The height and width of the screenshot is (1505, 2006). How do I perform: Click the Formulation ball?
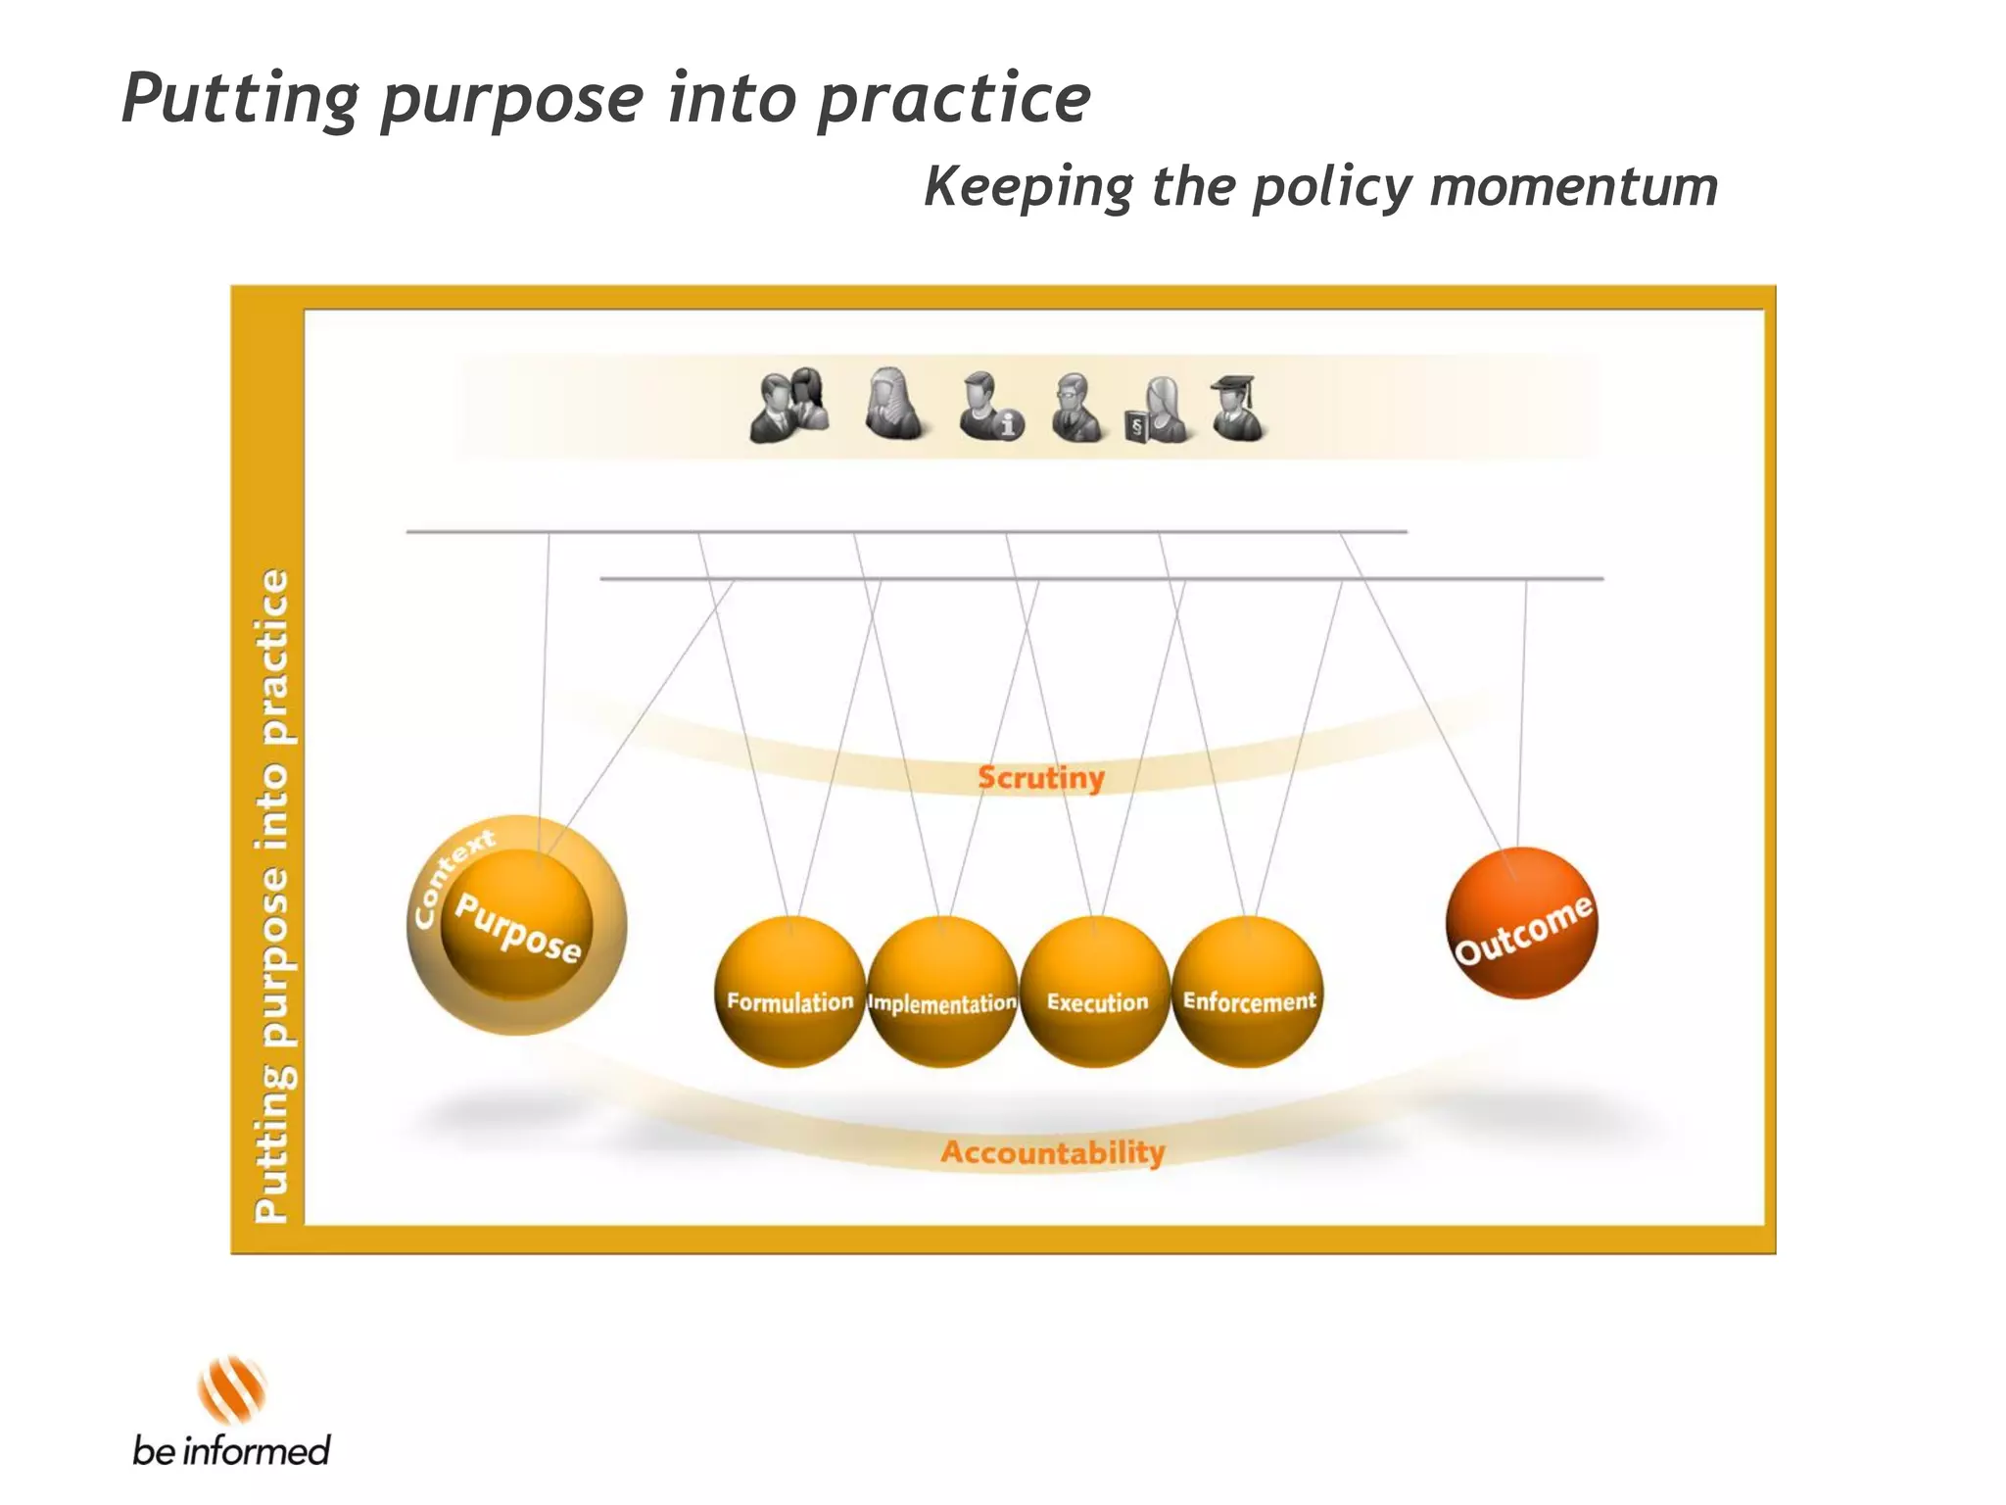(x=789, y=992)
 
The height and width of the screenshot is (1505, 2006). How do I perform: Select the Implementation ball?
(x=942, y=992)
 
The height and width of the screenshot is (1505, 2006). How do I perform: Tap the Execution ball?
(x=1095, y=992)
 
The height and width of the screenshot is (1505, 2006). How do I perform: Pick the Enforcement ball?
(x=1248, y=992)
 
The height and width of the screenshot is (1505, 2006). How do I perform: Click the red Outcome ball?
(x=1521, y=924)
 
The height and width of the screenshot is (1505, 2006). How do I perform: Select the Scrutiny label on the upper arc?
(x=1040, y=778)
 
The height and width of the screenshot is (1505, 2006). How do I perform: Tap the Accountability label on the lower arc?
(x=1053, y=1152)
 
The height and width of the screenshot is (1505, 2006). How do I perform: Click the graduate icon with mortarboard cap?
(x=1236, y=408)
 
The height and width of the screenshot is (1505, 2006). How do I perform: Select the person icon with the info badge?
(x=989, y=406)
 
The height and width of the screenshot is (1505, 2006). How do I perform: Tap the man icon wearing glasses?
(x=1075, y=408)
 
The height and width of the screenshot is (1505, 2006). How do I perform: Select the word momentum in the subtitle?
(x=1573, y=186)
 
